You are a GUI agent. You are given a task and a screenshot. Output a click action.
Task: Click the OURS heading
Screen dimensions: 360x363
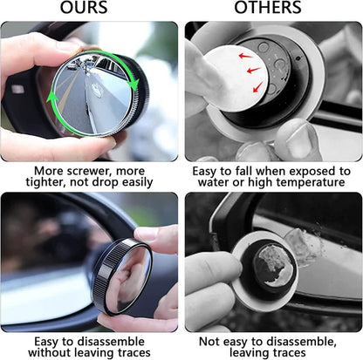84,9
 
